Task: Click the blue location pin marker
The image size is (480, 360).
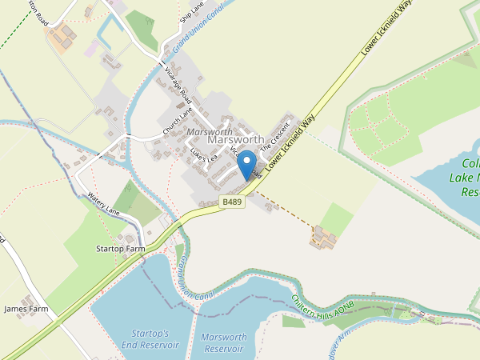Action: (x=247, y=167)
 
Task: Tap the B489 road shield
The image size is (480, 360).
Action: (x=231, y=204)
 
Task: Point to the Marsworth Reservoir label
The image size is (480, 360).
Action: (x=223, y=342)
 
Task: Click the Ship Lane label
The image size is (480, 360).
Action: (x=193, y=12)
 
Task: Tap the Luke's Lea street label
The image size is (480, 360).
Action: (x=203, y=154)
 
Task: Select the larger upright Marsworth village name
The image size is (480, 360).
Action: (x=235, y=139)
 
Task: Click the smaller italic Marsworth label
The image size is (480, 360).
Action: (x=210, y=130)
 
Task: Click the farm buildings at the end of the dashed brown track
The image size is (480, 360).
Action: (x=324, y=236)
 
